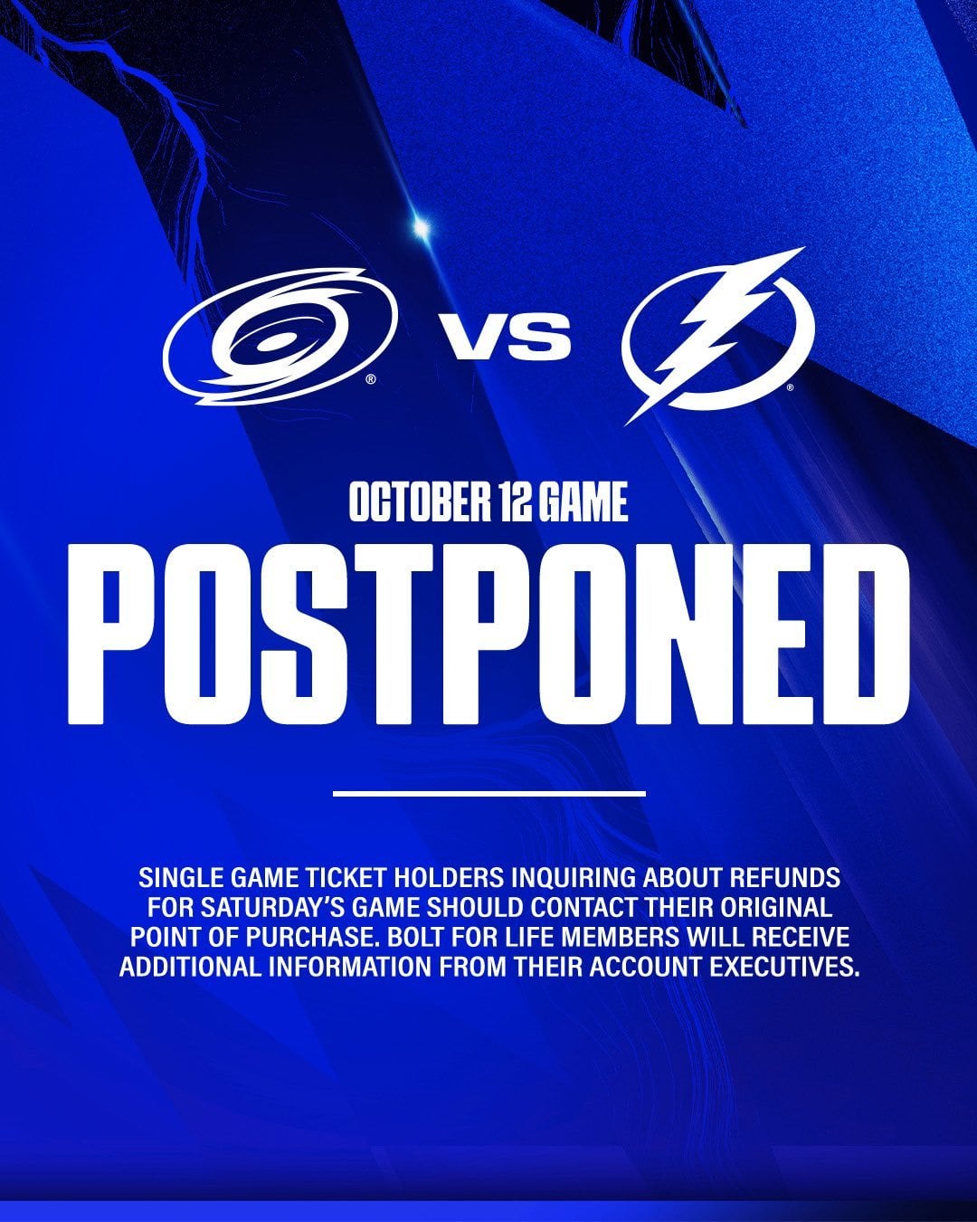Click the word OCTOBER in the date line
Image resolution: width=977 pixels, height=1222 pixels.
[419, 501]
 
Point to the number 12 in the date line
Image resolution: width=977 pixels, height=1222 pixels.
[513, 501]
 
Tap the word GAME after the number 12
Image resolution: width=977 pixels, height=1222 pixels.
[583, 501]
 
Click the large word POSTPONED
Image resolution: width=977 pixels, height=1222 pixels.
[488, 634]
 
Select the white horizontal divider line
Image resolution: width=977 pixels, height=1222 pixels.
[489, 793]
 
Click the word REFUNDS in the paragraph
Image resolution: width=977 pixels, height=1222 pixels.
[784, 877]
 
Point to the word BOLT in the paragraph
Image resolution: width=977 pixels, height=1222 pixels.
[413, 937]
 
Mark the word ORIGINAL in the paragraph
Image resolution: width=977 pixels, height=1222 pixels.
[776, 907]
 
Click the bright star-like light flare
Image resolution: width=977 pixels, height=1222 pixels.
[421, 228]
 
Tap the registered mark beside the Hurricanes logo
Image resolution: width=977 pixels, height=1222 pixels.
[371, 379]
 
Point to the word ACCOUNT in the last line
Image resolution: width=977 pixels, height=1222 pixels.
[645, 967]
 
